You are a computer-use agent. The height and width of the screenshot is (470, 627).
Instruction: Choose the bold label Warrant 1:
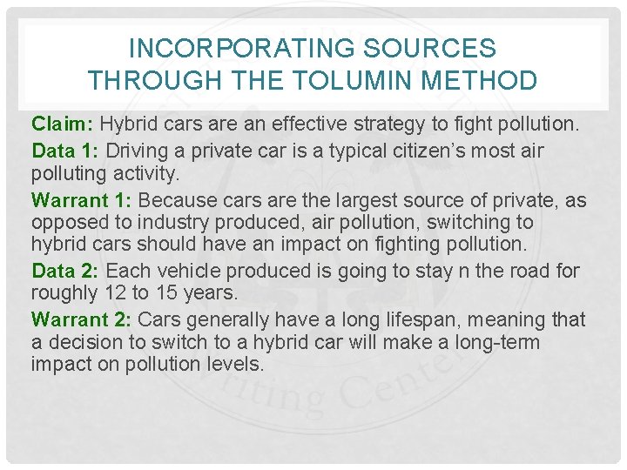point(82,200)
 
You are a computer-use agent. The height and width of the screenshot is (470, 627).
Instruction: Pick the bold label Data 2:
point(66,271)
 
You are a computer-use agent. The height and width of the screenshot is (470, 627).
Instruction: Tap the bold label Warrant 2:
point(82,319)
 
